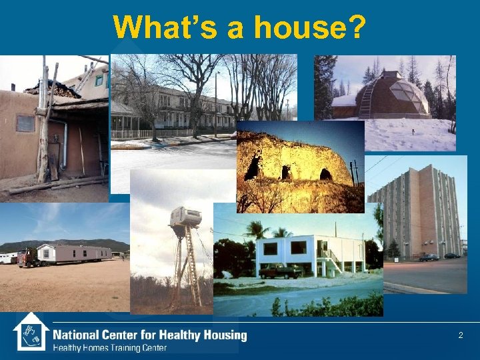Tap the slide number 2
click(461, 335)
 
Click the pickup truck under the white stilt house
click(280, 271)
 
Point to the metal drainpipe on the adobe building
click(63, 143)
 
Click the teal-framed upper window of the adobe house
click(99, 80)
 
